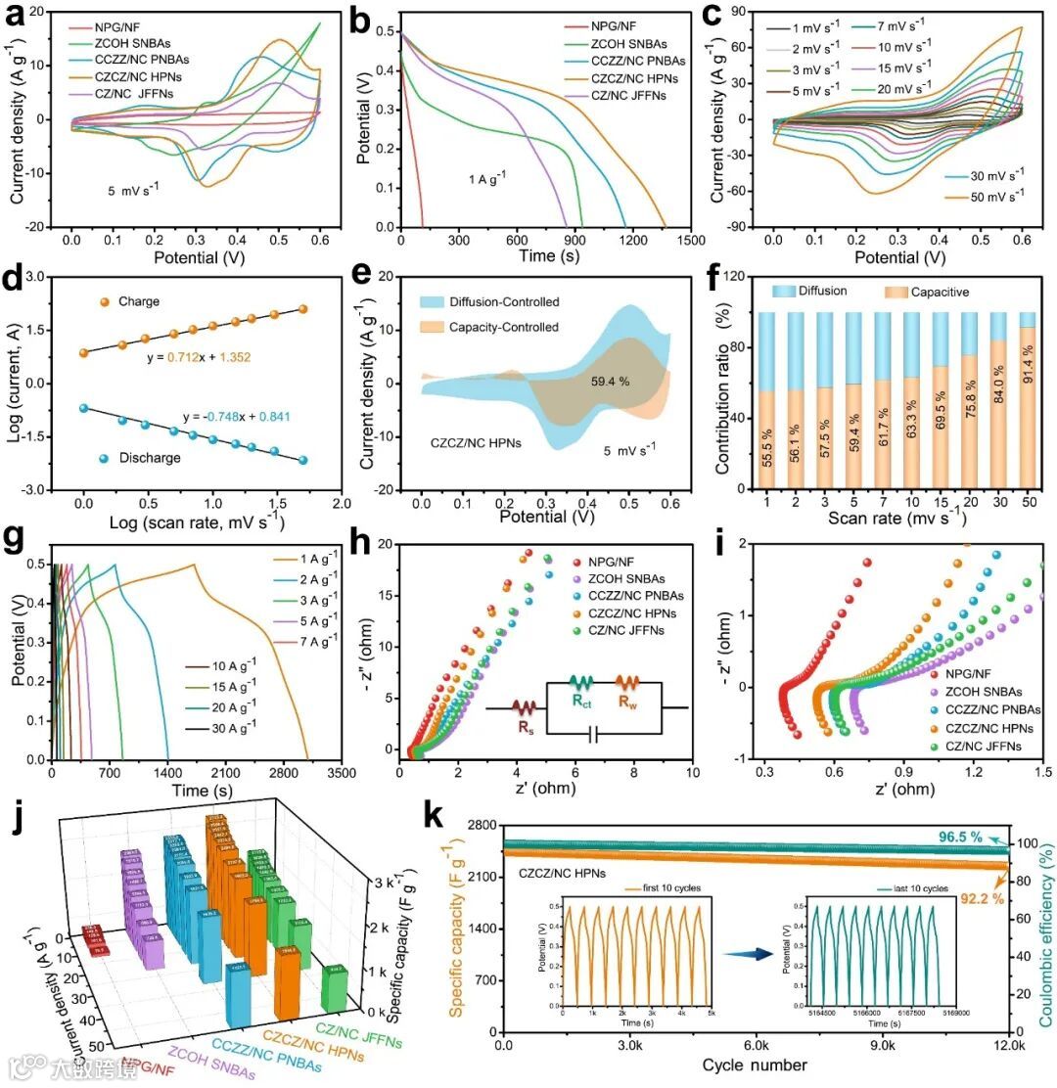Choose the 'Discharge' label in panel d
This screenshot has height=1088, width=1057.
click(x=145, y=457)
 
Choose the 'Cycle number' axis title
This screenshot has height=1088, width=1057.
click(x=754, y=1064)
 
